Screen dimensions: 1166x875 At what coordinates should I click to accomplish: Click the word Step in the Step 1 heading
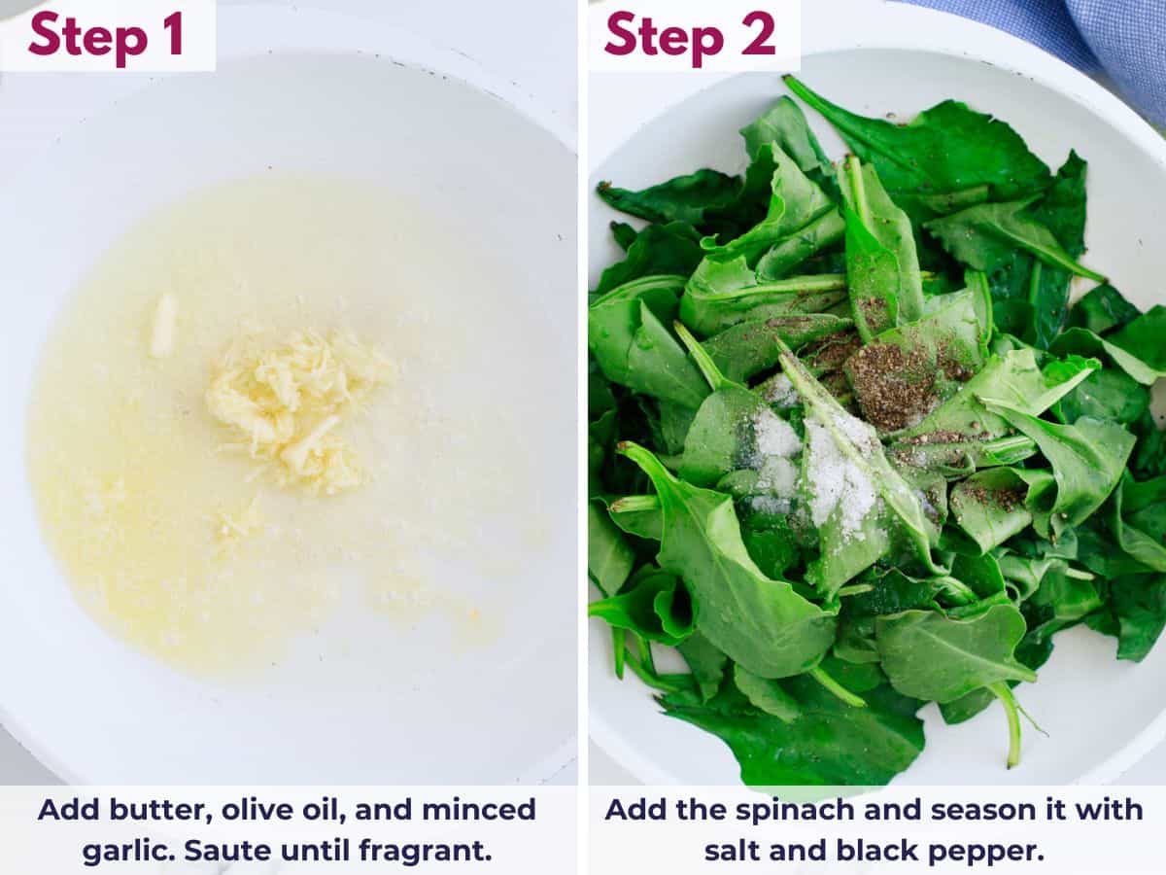pyautogui.click(x=87, y=38)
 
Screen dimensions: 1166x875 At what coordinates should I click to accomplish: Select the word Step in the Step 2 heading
pyautogui.click(x=664, y=38)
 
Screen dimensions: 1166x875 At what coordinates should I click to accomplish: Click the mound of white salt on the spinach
pyautogui.click(x=818, y=468)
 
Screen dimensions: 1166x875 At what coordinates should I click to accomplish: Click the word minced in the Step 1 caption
pyautogui.click(x=479, y=810)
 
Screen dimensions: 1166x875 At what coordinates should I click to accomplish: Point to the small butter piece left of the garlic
pyautogui.click(x=163, y=325)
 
